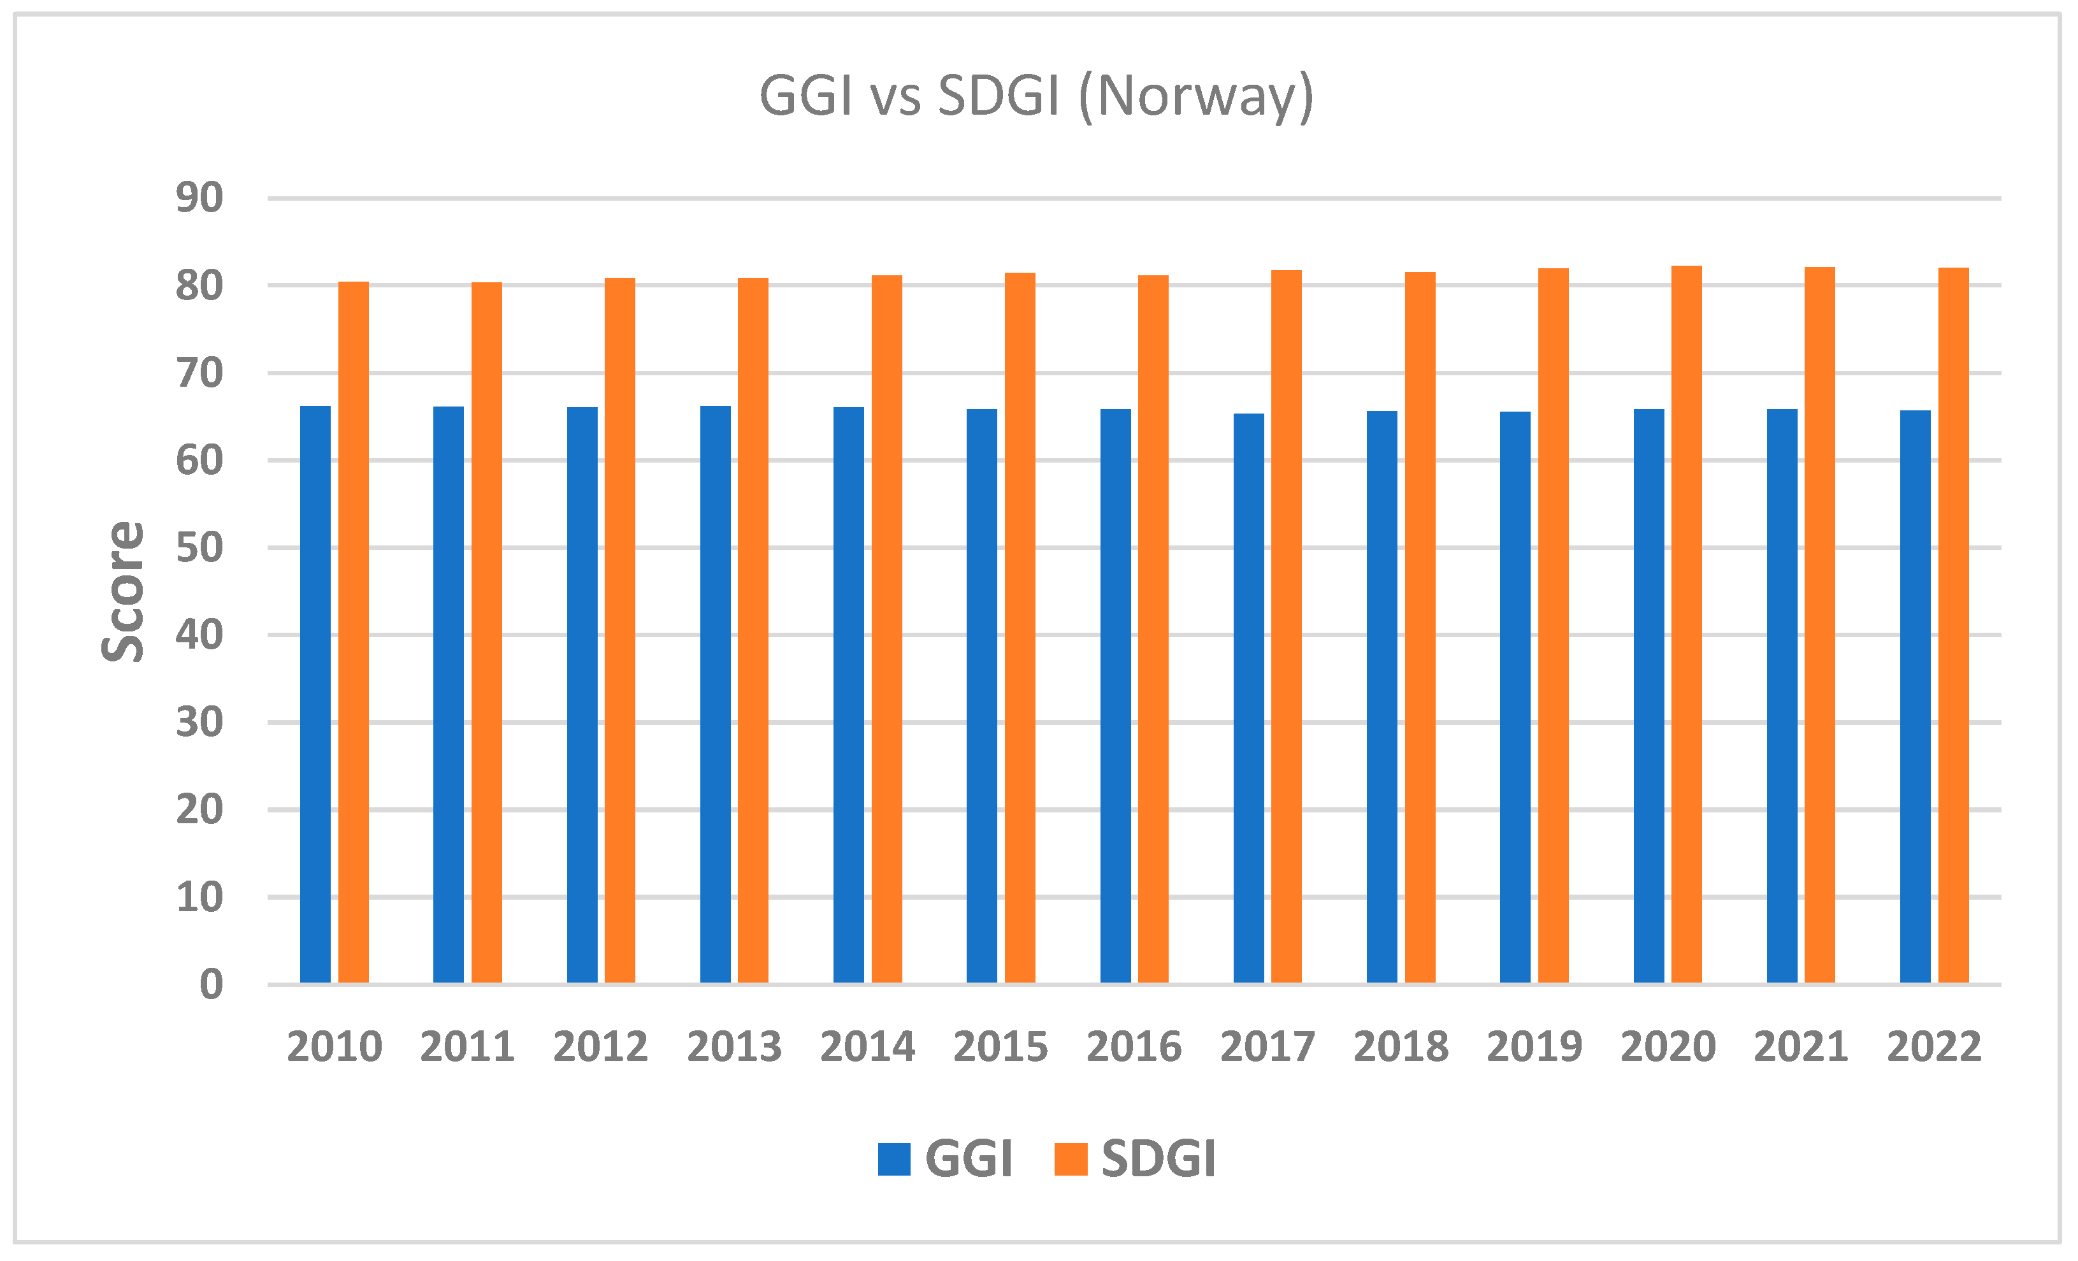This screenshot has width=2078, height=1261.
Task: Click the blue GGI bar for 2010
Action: click(315, 694)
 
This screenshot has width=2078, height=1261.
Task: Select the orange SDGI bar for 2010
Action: click(354, 633)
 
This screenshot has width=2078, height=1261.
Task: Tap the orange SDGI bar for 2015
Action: click(1020, 628)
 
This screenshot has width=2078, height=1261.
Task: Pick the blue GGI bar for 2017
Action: click(1248, 698)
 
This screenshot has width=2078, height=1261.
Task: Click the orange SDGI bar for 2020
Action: click(1686, 624)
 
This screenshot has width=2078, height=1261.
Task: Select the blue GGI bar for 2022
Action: click(1916, 696)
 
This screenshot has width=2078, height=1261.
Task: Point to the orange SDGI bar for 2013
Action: click(753, 631)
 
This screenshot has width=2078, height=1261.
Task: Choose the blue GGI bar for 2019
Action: click(1515, 698)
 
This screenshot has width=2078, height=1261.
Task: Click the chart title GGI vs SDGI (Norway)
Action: click(1037, 96)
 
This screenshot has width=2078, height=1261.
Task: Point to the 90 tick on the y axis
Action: click(199, 198)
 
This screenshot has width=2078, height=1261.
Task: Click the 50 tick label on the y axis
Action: click(199, 548)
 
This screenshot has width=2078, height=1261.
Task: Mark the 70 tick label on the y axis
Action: click(199, 373)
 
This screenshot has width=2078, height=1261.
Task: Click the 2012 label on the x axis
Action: click(600, 1047)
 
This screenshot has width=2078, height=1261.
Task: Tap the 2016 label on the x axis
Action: click(1134, 1047)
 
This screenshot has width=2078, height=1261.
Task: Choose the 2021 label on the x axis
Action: click(1801, 1047)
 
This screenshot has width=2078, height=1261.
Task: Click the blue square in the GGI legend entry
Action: click(894, 1159)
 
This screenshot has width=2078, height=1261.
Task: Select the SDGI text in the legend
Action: click(1158, 1159)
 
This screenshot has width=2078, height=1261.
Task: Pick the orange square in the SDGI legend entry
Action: click(1071, 1159)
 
